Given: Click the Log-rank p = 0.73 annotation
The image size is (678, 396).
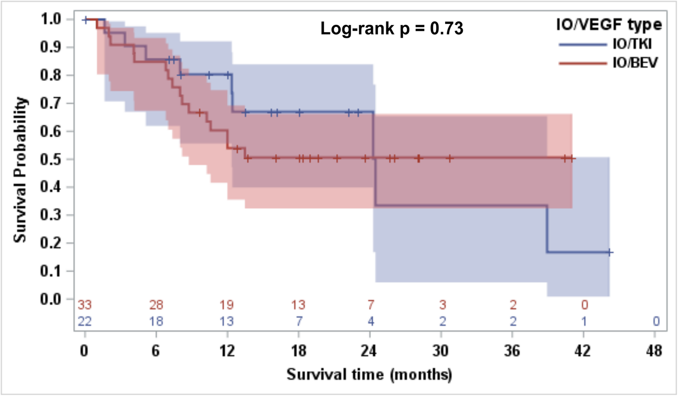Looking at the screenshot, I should pyautogui.click(x=392, y=29).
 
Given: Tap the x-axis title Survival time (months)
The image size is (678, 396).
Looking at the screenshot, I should pyautogui.click(x=369, y=374).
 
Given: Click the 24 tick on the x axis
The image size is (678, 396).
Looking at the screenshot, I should pyautogui.click(x=370, y=351).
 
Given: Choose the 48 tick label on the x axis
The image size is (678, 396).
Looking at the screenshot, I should pyautogui.click(x=655, y=351).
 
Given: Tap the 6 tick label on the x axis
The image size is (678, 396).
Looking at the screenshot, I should pyautogui.click(x=156, y=351).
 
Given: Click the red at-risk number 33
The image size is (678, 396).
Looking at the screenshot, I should pyautogui.click(x=85, y=305).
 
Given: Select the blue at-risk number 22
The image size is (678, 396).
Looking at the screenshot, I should pyautogui.click(x=85, y=321).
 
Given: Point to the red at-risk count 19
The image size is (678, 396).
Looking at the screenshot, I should pyautogui.click(x=227, y=305).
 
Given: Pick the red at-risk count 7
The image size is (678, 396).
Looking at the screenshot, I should pyautogui.click(x=370, y=305).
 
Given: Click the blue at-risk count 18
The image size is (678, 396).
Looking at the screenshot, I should pyautogui.click(x=156, y=321).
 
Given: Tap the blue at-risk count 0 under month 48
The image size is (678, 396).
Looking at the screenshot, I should pyautogui.click(x=656, y=321).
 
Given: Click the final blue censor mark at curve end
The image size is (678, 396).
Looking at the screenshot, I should pyautogui.click(x=610, y=252).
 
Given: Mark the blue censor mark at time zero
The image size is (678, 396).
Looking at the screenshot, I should pyautogui.click(x=86, y=20).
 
